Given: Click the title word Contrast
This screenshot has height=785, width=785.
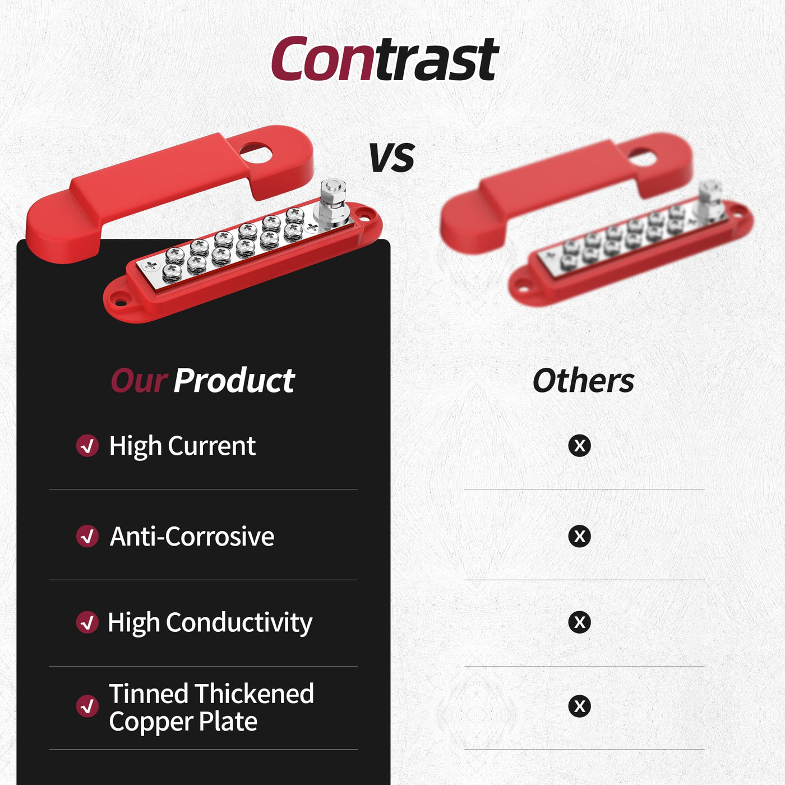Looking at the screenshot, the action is click(x=385, y=59).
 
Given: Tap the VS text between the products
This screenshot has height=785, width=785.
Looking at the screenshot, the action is click(x=392, y=158).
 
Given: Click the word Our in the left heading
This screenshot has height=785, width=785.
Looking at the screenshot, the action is click(x=139, y=381).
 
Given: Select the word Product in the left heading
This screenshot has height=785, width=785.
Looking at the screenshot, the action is click(x=234, y=381).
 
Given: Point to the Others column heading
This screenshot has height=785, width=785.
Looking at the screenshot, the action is click(x=583, y=381).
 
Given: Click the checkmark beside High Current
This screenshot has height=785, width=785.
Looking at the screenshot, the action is click(x=87, y=446).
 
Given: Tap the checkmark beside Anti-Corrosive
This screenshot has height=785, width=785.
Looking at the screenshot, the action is click(x=87, y=536).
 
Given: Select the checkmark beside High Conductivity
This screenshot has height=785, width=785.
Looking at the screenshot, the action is click(x=87, y=622).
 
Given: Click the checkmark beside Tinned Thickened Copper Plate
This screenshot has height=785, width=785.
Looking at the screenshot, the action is click(x=87, y=706).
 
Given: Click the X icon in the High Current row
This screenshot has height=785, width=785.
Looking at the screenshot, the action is click(x=579, y=446).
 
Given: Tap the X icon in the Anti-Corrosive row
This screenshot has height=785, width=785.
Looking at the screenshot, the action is click(x=579, y=536).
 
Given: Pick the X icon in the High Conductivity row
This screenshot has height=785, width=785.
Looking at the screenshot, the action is click(x=579, y=622).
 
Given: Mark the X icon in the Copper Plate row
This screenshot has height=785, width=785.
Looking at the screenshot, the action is click(x=579, y=706).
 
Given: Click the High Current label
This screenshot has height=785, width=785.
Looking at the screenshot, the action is click(x=182, y=446).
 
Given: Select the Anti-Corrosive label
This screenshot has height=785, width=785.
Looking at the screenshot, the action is click(x=192, y=536).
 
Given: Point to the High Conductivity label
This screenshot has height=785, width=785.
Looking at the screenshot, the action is click(x=210, y=623).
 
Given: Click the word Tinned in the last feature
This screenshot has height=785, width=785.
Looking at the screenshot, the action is click(x=149, y=694).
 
